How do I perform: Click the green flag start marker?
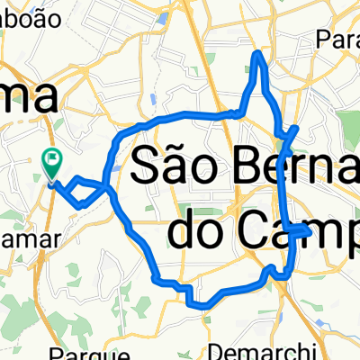[x=53, y=161]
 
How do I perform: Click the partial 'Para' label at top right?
[x=337, y=40]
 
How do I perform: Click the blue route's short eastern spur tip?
[x=309, y=231]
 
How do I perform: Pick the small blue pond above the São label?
[x=156, y=98]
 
